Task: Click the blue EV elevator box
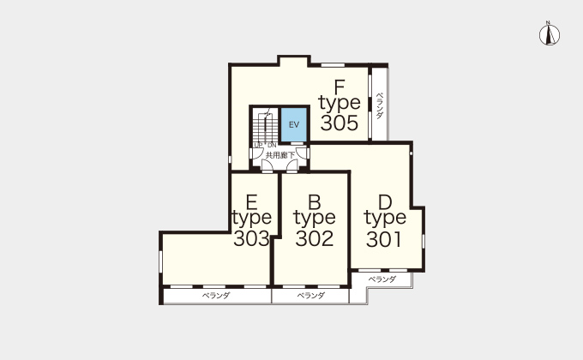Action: pyautogui.click(x=294, y=124)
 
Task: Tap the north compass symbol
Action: pyautogui.click(x=550, y=33)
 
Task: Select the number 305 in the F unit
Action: pyautogui.click(x=340, y=123)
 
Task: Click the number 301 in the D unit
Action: pyautogui.click(x=384, y=239)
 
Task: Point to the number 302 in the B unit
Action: pyautogui.click(x=315, y=238)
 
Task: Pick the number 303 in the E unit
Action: pyautogui.click(x=251, y=238)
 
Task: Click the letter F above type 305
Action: pyautogui.click(x=340, y=87)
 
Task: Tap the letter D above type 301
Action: pyautogui.click(x=385, y=202)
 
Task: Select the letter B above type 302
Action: pyautogui.click(x=315, y=202)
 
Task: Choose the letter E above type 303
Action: pyautogui.click(x=252, y=202)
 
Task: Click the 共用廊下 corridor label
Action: pyautogui.click(x=280, y=155)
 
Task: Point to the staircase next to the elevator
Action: pyautogui.click(x=266, y=125)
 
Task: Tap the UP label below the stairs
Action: pyautogui.click(x=258, y=145)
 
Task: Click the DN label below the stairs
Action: pyautogui.click(x=272, y=146)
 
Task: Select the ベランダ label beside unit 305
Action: pyautogui.click(x=379, y=105)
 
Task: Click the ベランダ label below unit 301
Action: pyautogui.click(x=382, y=279)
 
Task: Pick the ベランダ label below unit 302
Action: pyautogui.click(x=311, y=296)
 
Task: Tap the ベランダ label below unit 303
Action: pyautogui.click(x=216, y=296)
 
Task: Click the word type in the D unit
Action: pyautogui.click(x=385, y=219)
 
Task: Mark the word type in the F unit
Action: pyautogui.click(x=340, y=104)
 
